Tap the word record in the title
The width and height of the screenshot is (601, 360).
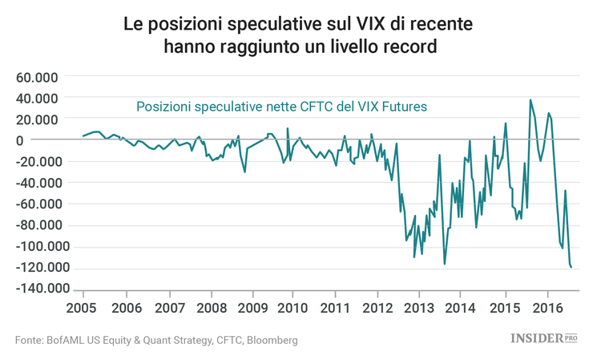407,47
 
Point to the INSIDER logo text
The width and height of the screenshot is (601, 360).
536,339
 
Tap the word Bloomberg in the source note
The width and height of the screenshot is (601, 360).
268,340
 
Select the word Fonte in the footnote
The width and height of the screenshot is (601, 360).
30,340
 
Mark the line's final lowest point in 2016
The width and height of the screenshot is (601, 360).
571,268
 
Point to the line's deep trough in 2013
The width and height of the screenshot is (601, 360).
444,264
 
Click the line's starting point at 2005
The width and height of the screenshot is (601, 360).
83,136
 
